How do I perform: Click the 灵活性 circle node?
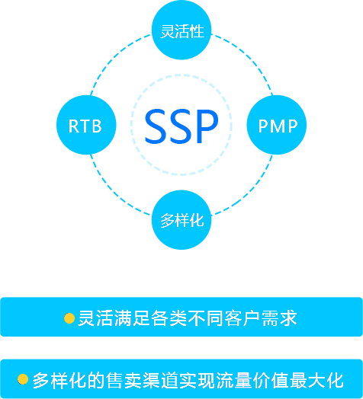click(181, 30)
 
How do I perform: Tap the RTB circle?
click(86, 125)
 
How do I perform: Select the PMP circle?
click(277, 125)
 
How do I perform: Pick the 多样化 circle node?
click(181, 220)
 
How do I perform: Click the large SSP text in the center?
click(181, 126)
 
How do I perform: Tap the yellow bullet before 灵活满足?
click(69, 318)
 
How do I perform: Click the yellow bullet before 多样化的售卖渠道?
click(23, 379)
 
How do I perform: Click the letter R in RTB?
click(73, 126)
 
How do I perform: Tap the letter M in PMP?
click(278, 126)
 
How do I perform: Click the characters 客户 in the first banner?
click(242, 318)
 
